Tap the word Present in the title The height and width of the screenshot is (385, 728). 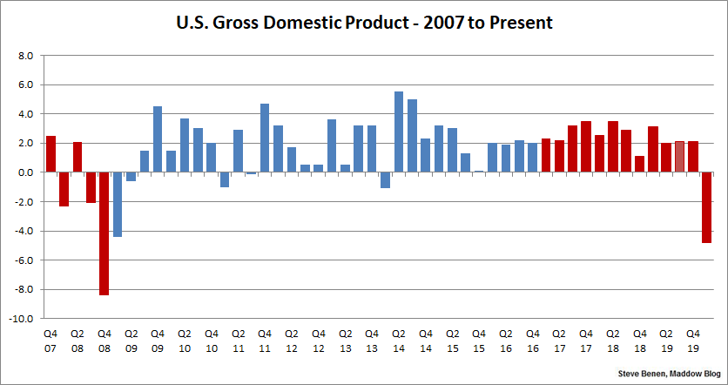point(520,23)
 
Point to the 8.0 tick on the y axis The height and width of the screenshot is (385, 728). point(25,56)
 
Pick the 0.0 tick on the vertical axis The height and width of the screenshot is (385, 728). point(25,172)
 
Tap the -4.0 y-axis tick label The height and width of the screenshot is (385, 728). point(23,231)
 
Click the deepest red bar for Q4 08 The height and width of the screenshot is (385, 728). point(104,233)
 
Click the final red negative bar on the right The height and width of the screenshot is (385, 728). point(706,207)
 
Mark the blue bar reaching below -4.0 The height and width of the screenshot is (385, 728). point(118,205)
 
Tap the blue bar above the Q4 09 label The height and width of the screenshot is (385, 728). point(158,139)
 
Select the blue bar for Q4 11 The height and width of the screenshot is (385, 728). point(265,138)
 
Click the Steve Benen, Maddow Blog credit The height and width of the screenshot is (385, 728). point(667,374)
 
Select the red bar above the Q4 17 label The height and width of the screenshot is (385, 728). point(586,147)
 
